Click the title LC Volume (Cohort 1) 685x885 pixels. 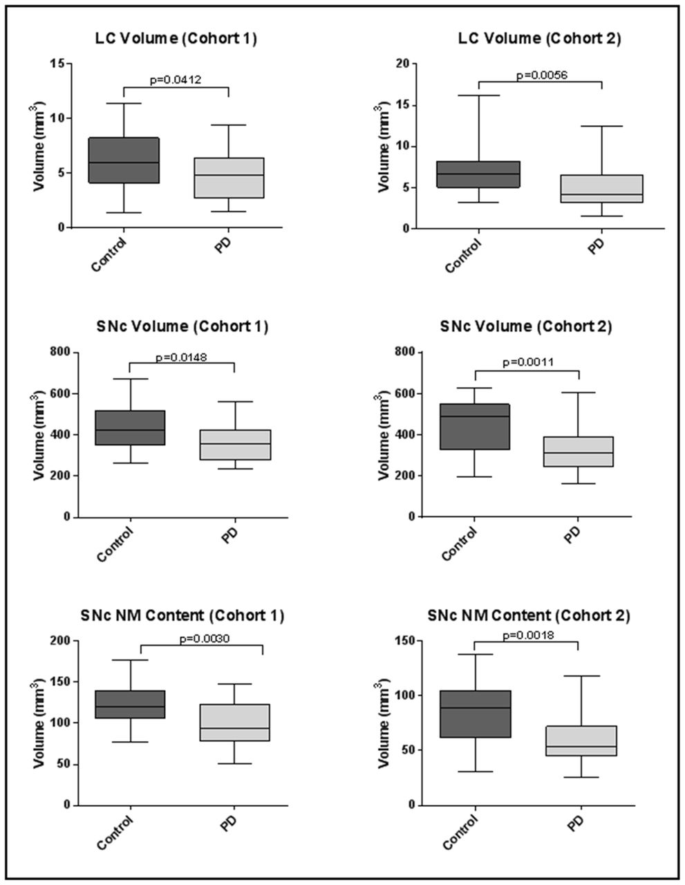(x=176, y=39)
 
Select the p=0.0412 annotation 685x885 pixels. (x=176, y=80)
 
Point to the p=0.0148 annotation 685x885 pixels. (x=181, y=357)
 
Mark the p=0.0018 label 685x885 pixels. (x=526, y=635)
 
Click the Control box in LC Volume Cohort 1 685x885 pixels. (x=124, y=160)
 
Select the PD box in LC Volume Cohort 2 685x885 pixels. (x=602, y=189)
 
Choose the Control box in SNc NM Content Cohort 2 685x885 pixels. (x=475, y=714)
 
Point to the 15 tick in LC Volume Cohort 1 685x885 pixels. (x=59, y=64)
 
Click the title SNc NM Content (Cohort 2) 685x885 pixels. (x=528, y=615)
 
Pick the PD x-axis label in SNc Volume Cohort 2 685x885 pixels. (x=574, y=534)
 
